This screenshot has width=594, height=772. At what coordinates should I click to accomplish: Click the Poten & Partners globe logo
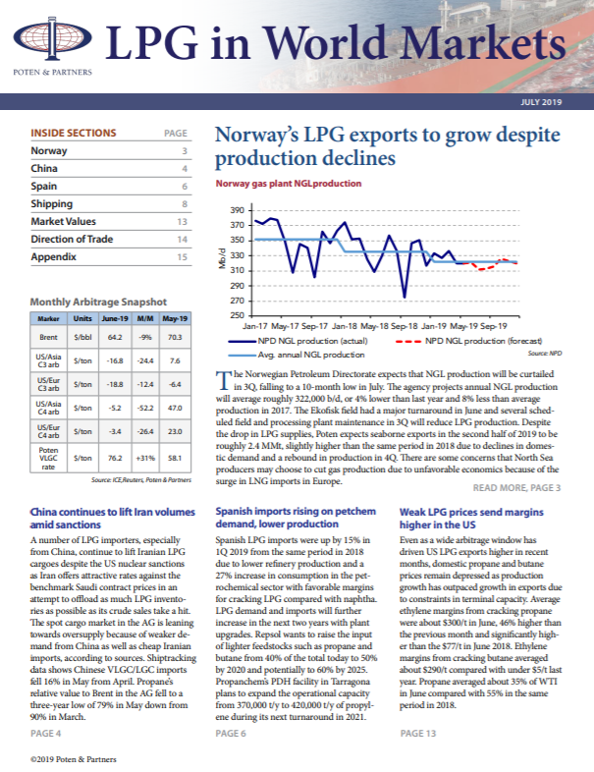[52, 38]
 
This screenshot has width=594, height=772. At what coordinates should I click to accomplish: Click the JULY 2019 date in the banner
[541, 102]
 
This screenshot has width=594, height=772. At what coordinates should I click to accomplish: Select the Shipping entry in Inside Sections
[52, 204]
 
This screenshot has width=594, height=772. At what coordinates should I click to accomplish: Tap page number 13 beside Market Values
[182, 222]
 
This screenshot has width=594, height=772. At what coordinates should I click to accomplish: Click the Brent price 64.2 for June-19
[115, 337]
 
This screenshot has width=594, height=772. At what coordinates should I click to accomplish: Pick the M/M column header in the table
[145, 318]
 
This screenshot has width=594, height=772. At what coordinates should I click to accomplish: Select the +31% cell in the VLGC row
[145, 458]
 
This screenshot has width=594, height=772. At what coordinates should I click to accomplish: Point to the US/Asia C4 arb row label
[48, 408]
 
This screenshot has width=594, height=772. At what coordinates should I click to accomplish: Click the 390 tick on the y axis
[238, 211]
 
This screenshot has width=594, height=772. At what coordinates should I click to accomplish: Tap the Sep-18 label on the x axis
[404, 326]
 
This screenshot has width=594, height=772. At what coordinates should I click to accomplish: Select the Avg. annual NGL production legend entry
[297, 355]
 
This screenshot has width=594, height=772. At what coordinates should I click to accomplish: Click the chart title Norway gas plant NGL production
[289, 183]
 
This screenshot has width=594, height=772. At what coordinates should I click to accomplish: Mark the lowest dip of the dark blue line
[405, 297]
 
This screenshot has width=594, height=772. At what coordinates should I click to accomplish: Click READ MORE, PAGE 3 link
[516, 488]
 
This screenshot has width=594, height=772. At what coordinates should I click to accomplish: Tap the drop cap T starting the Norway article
[223, 379]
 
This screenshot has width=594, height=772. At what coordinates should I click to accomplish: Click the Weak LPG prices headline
[471, 518]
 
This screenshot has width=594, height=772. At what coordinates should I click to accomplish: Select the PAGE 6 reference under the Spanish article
[231, 734]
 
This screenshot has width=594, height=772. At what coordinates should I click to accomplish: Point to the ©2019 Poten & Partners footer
[74, 759]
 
